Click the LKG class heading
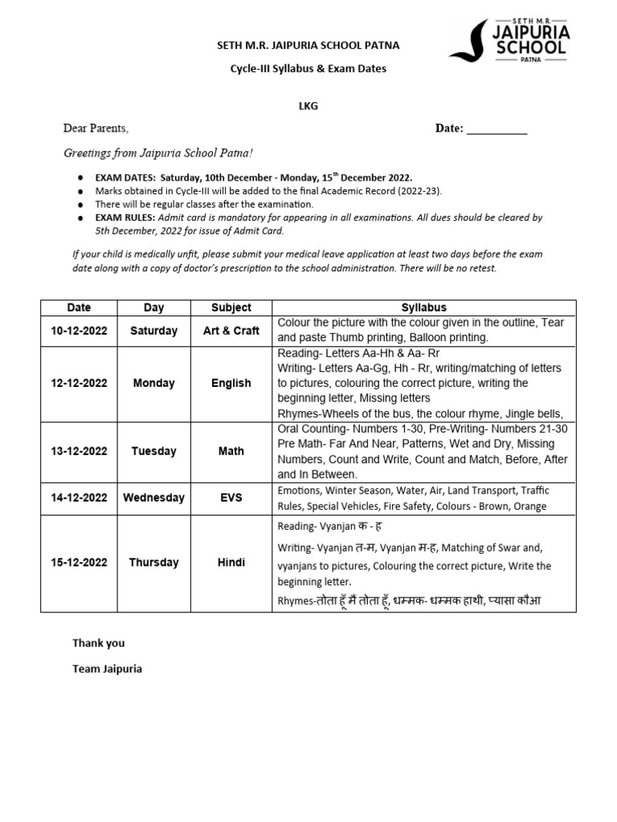tap(308, 106)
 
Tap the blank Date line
tap(496, 129)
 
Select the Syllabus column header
tap(423, 307)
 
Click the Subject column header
tap(231, 307)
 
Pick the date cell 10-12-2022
tap(79, 331)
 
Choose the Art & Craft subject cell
tap(231, 331)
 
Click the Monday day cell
tap(153, 384)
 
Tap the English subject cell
tap(231, 384)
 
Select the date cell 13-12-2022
tap(79, 451)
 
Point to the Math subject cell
tap(231, 451)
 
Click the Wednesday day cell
tap(153, 498)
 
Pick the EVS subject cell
tap(231, 498)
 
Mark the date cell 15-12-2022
tap(79, 563)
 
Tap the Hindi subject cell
tap(231, 563)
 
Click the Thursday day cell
tap(153, 563)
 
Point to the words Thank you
tap(99, 643)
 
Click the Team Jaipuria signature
tap(107, 668)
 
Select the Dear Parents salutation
tap(96, 128)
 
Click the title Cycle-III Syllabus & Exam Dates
tap(308, 69)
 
